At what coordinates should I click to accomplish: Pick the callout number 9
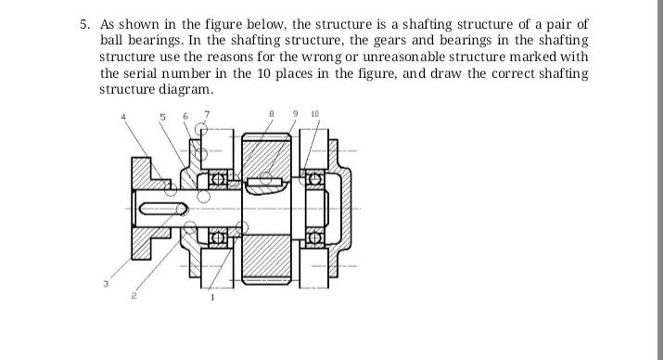[295, 116]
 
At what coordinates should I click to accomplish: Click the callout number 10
[315, 116]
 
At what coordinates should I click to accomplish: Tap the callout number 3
[106, 284]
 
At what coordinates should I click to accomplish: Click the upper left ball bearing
[220, 177]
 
